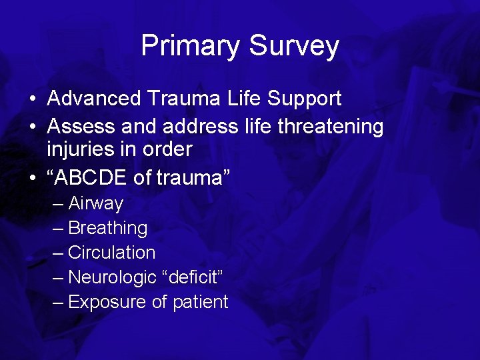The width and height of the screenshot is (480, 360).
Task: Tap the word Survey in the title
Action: tap(293, 46)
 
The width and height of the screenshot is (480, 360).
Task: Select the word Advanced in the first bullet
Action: tap(94, 99)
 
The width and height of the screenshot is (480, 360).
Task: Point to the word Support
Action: tap(304, 99)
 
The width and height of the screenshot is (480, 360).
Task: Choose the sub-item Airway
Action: tap(95, 203)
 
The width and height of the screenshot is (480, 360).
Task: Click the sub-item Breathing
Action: tap(107, 228)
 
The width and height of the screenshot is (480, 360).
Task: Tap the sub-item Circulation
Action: tap(111, 253)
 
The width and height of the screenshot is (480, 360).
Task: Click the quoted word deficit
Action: tap(195, 277)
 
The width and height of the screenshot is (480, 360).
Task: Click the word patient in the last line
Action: tap(200, 302)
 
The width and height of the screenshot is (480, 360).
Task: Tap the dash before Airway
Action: tap(59, 203)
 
